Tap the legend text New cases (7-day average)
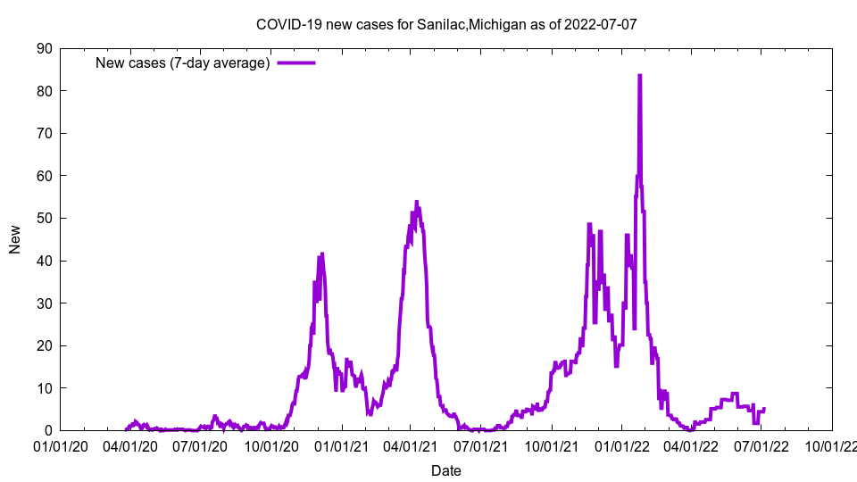[183, 62]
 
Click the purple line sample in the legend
[296, 62]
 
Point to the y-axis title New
[15, 239]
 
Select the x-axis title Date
[445, 470]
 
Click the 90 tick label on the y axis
[44, 48]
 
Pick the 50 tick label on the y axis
[44, 218]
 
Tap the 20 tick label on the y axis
[44, 345]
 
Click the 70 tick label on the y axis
[44, 133]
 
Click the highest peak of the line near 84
[639, 76]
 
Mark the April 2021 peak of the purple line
[417, 203]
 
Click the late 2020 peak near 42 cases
[322, 253]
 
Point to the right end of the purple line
[764, 409]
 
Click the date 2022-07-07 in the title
[601, 24]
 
